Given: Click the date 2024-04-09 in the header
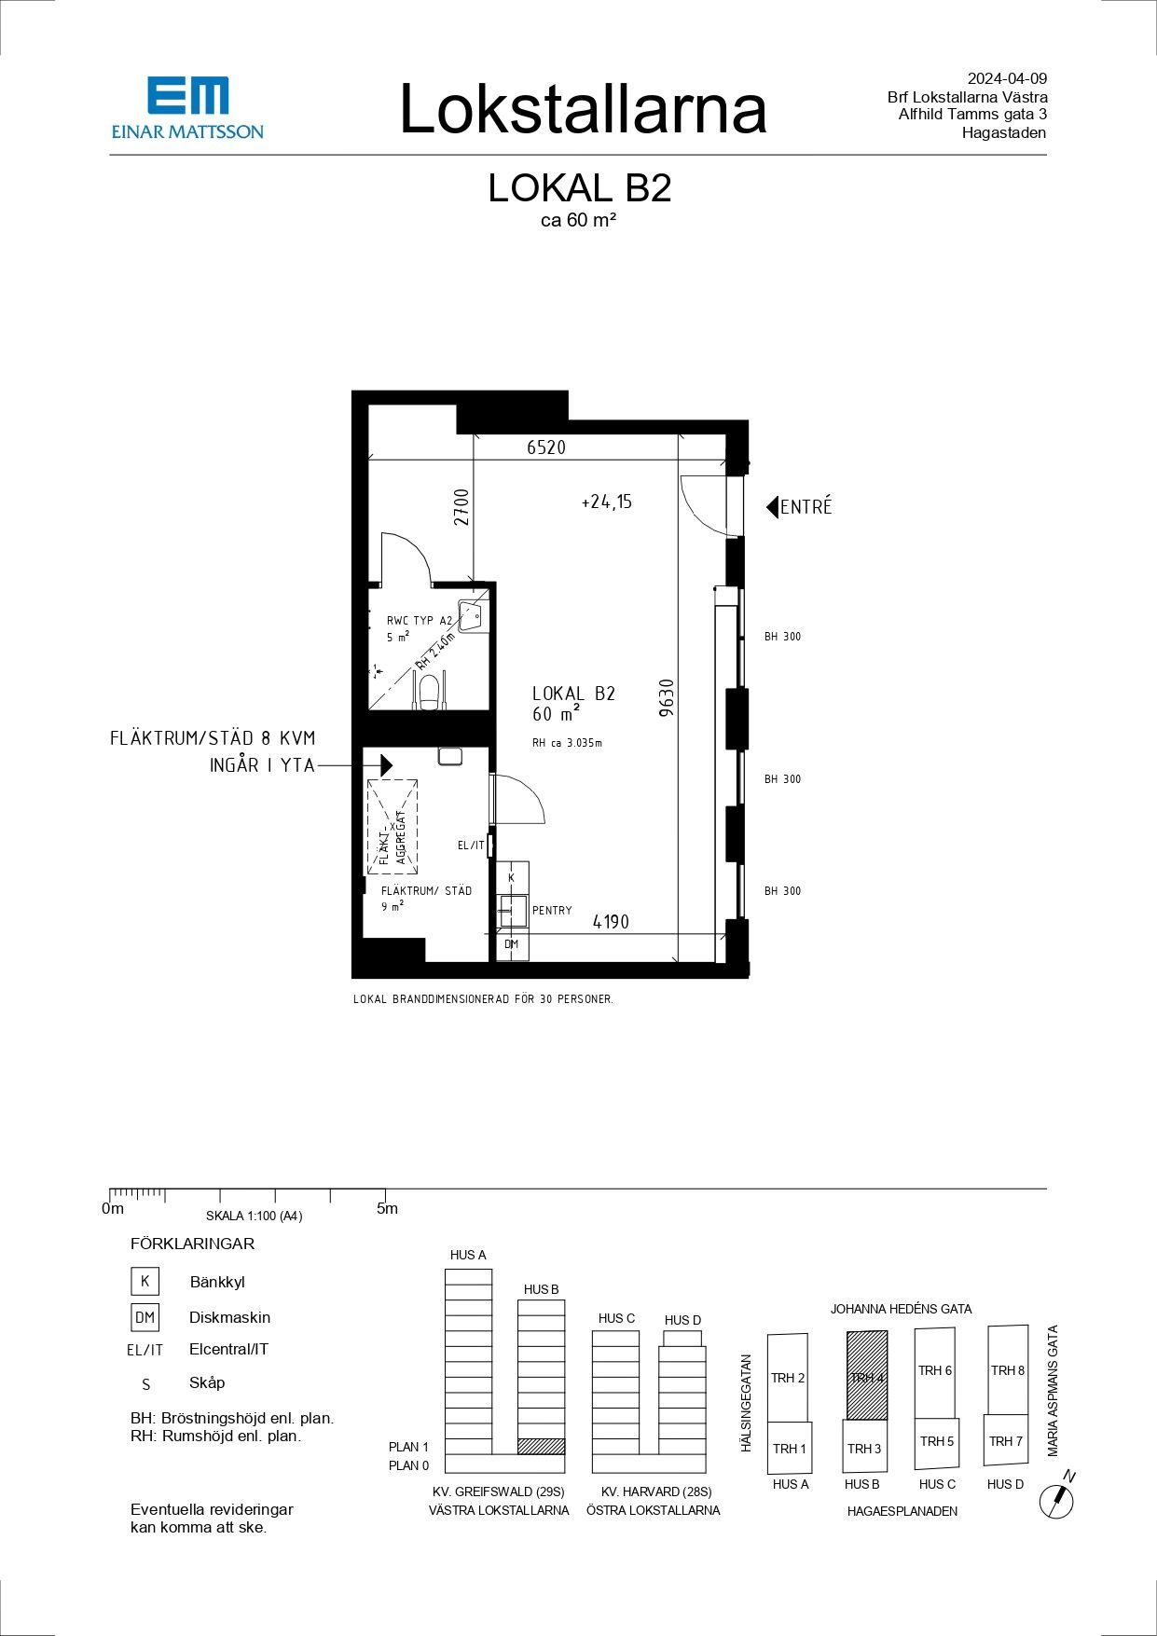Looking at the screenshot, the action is tap(1008, 79).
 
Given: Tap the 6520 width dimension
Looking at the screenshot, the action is tap(546, 447).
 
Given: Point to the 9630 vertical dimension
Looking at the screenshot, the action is tap(667, 697).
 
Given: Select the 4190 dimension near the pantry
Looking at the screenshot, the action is tap(612, 922).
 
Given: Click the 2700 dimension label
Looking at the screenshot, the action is tap(462, 507).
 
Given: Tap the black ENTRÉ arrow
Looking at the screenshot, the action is tap(772, 507).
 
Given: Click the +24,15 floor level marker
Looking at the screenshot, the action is tap(607, 502).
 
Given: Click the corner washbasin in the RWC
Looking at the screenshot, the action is tap(475, 613).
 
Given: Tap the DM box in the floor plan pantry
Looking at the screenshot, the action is tap(512, 944).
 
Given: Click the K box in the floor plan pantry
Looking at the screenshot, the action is tap(512, 877).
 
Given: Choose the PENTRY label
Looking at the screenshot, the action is tap(552, 911).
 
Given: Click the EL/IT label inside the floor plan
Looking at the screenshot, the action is tap(471, 845).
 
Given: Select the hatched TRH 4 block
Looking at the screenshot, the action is tap(866, 1375).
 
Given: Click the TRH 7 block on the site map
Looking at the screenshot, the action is tap(1006, 1440).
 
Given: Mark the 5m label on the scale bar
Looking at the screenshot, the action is tap(387, 1209).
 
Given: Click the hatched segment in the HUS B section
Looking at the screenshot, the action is tap(542, 1447).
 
